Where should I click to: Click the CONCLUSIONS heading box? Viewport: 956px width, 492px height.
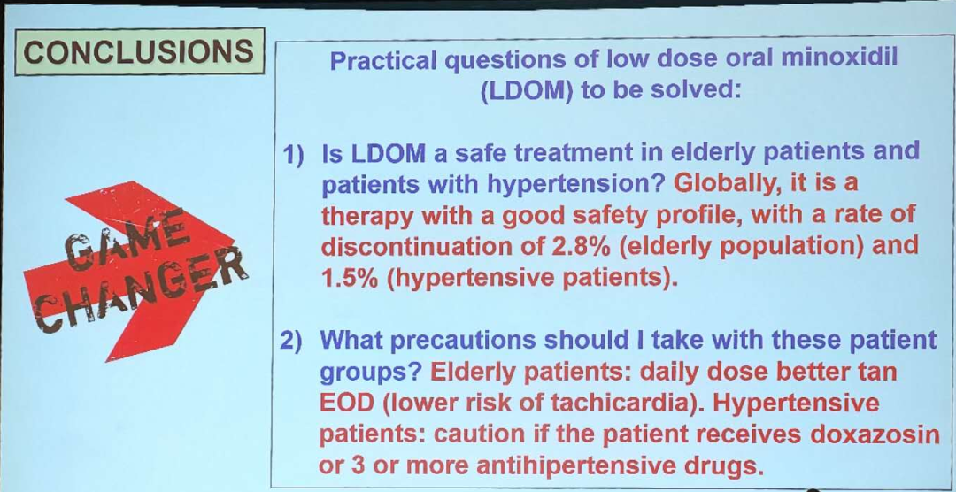coord(140,51)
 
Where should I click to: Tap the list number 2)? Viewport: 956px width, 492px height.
coord(291,341)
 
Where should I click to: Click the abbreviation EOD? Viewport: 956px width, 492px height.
coord(346,404)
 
